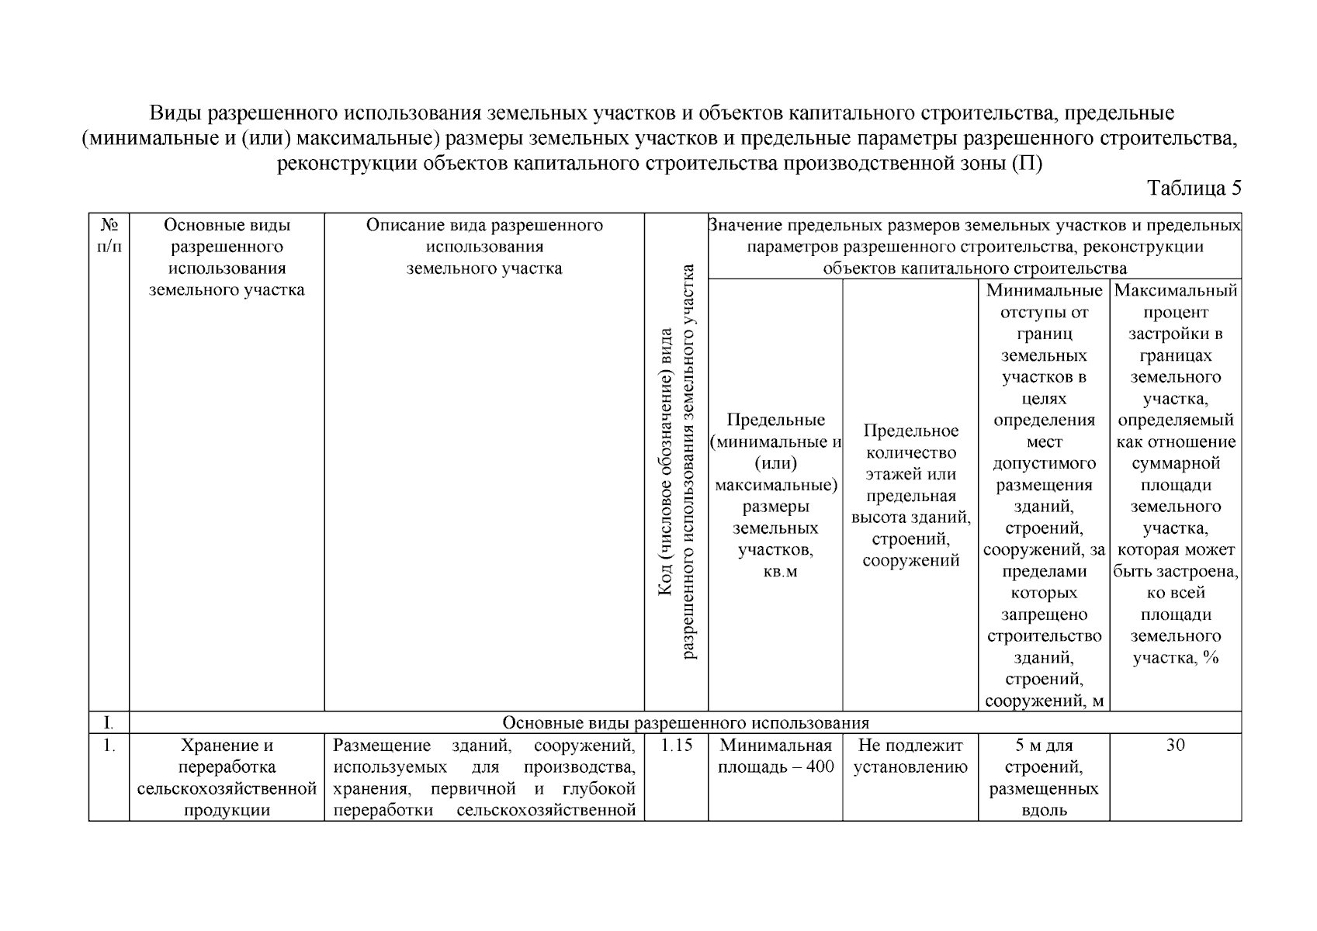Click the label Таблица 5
pyautogui.click(x=1194, y=189)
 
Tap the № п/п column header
pyautogui.click(x=109, y=236)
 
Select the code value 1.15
pyautogui.click(x=676, y=746)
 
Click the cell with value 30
pyautogui.click(x=1175, y=746)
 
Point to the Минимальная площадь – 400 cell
pyautogui.click(x=775, y=756)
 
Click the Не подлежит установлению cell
pyautogui.click(x=910, y=756)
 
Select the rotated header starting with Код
pyautogui.click(x=677, y=462)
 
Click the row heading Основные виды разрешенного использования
pyautogui.click(x=685, y=723)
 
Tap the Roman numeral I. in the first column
pyautogui.click(x=109, y=723)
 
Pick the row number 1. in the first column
pyautogui.click(x=109, y=746)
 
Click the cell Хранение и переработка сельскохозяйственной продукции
pyautogui.click(x=227, y=777)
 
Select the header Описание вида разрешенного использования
pyautogui.click(x=484, y=247)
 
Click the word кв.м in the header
pyautogui.click(x=775, y=572)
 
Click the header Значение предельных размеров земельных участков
pyautogui.click(x=974, y=247)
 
